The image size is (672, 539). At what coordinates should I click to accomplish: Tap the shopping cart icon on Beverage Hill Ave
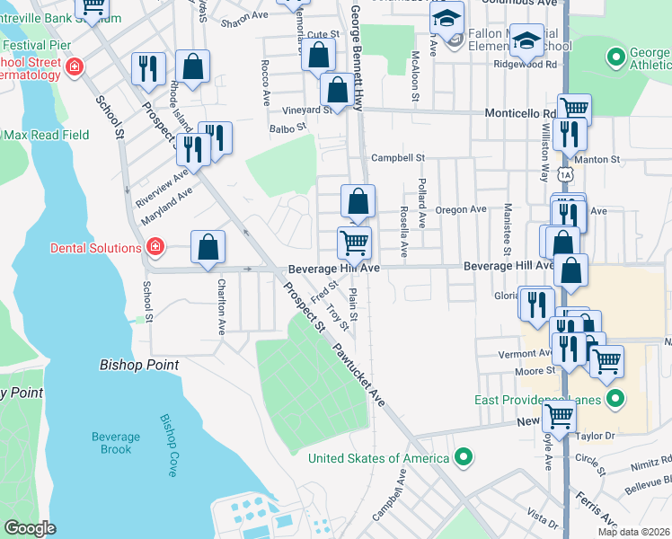pos(354,242)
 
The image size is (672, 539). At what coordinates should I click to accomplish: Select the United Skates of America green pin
pos(464,458)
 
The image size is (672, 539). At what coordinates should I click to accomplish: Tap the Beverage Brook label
pos(116,443)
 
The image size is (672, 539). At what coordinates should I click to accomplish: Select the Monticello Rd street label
pos(520,114)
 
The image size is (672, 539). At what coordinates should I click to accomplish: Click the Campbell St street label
pos(398,157)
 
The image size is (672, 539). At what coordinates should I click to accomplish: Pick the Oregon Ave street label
pos(461,209)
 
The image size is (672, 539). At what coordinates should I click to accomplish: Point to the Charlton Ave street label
pos(221,306)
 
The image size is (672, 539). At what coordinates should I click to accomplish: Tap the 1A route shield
pos(563,172)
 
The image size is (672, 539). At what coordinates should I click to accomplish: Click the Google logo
pos(30,529)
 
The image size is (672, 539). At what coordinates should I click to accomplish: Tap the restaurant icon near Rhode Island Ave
pos(148,68)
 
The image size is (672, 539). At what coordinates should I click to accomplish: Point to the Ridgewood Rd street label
pos(526,65)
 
